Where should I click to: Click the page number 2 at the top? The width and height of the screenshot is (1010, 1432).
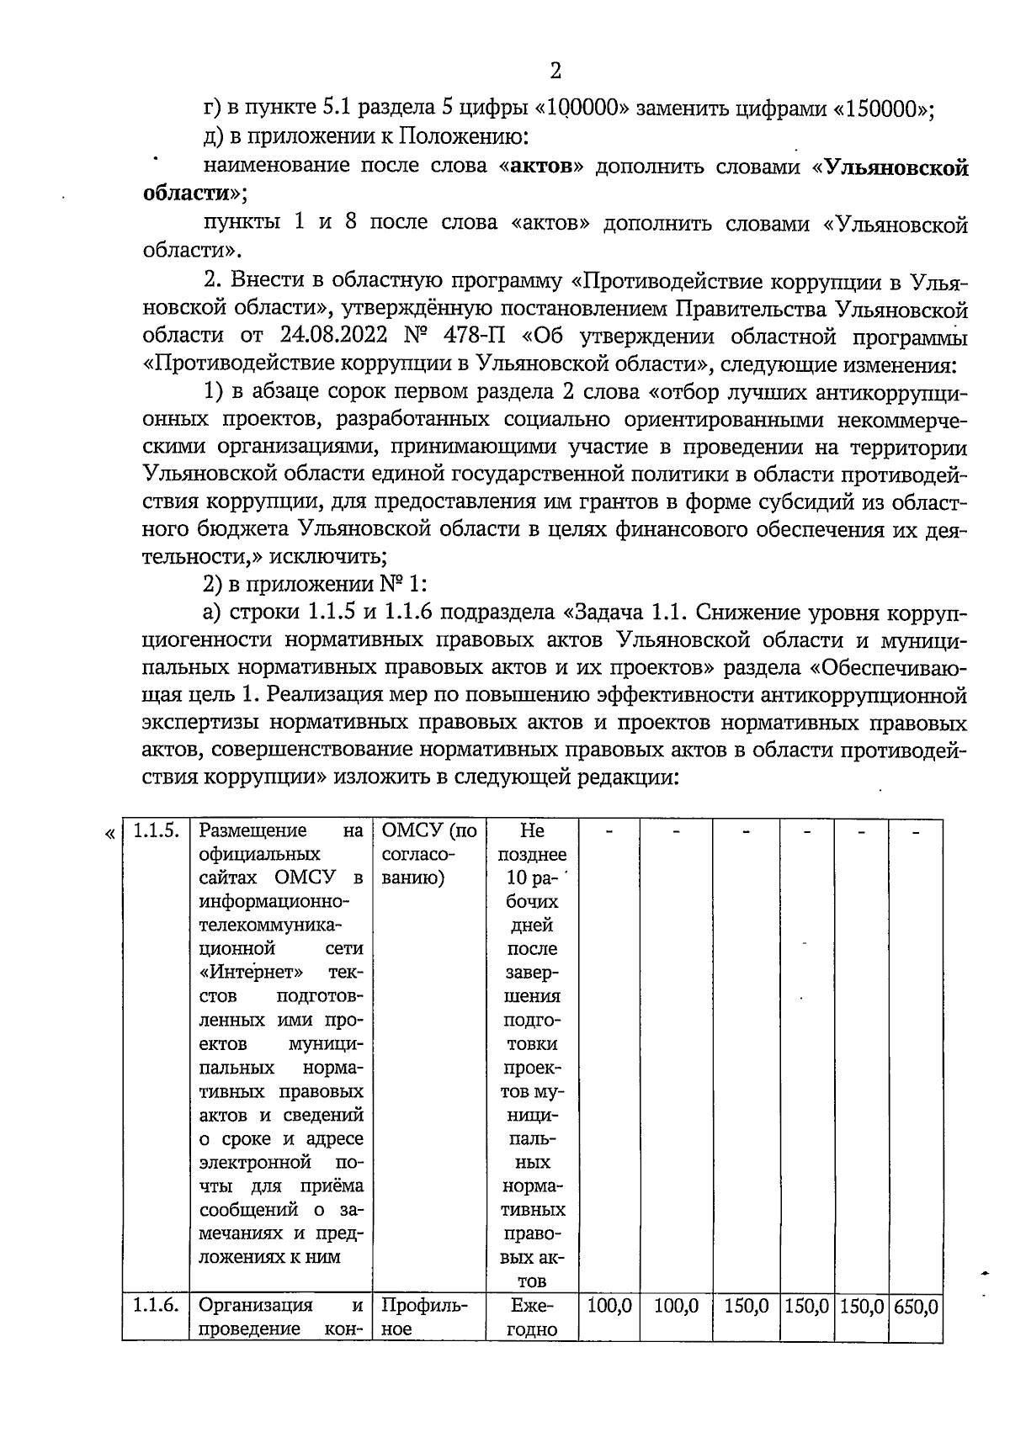pos(555,71)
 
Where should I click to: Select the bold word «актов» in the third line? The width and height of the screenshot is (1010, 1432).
pos(541,167)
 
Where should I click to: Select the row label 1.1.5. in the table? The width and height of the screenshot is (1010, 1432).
pos(155,831)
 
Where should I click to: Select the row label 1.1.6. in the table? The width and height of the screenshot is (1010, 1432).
pos(155,1306)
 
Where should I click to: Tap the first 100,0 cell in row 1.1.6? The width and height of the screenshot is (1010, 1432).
pos(609,1306)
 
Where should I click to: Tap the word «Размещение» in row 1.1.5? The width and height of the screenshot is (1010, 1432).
pos(253,831)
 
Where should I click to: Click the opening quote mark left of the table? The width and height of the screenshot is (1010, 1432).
pos(109,835)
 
